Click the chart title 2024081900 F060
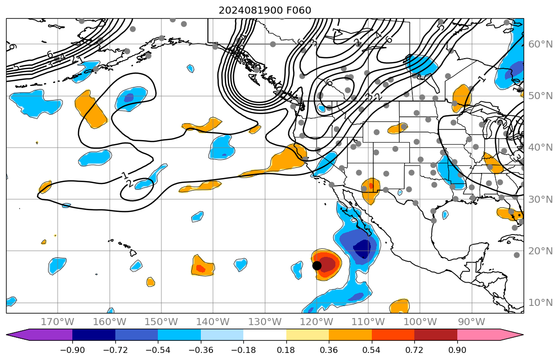pos(265,10)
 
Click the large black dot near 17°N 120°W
pos(317,265)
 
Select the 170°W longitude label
pos(57,322)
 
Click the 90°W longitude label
pos(471,322)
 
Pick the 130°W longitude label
pos(265,322)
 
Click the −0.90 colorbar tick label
pos(72,350)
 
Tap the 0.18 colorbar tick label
pos(286,350)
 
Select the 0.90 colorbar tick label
pos(457,350)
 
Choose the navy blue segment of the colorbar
pos(94,335)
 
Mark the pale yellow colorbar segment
pos(308,335)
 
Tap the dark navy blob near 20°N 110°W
pos(362,249)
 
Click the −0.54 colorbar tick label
pos(158,350)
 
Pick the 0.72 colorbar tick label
pos(414,350)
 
